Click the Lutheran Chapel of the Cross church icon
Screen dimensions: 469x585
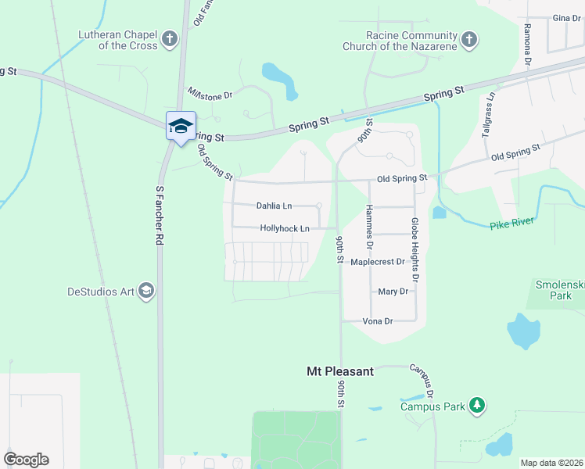tap(169, 39)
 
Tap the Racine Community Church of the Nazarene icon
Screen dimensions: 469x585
tap(468, 39)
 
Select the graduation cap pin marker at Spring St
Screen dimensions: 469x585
tap(181, 127)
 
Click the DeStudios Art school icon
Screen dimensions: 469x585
tap(145, 292)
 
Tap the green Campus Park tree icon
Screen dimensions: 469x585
tap(476, 406)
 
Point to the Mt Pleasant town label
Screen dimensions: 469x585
tap(339, 371)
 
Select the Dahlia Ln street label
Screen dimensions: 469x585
tap(274, 206)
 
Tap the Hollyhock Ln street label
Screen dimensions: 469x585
tap(285, 228)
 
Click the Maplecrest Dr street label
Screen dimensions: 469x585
tap(377, 262)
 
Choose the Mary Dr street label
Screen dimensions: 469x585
tap(393, 292)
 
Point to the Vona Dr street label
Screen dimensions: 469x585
tap(377, 321)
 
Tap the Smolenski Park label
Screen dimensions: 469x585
tap(559, 290)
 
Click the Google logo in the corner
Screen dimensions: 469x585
tap(26, 460)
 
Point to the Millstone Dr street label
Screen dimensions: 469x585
tap(210, 94)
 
